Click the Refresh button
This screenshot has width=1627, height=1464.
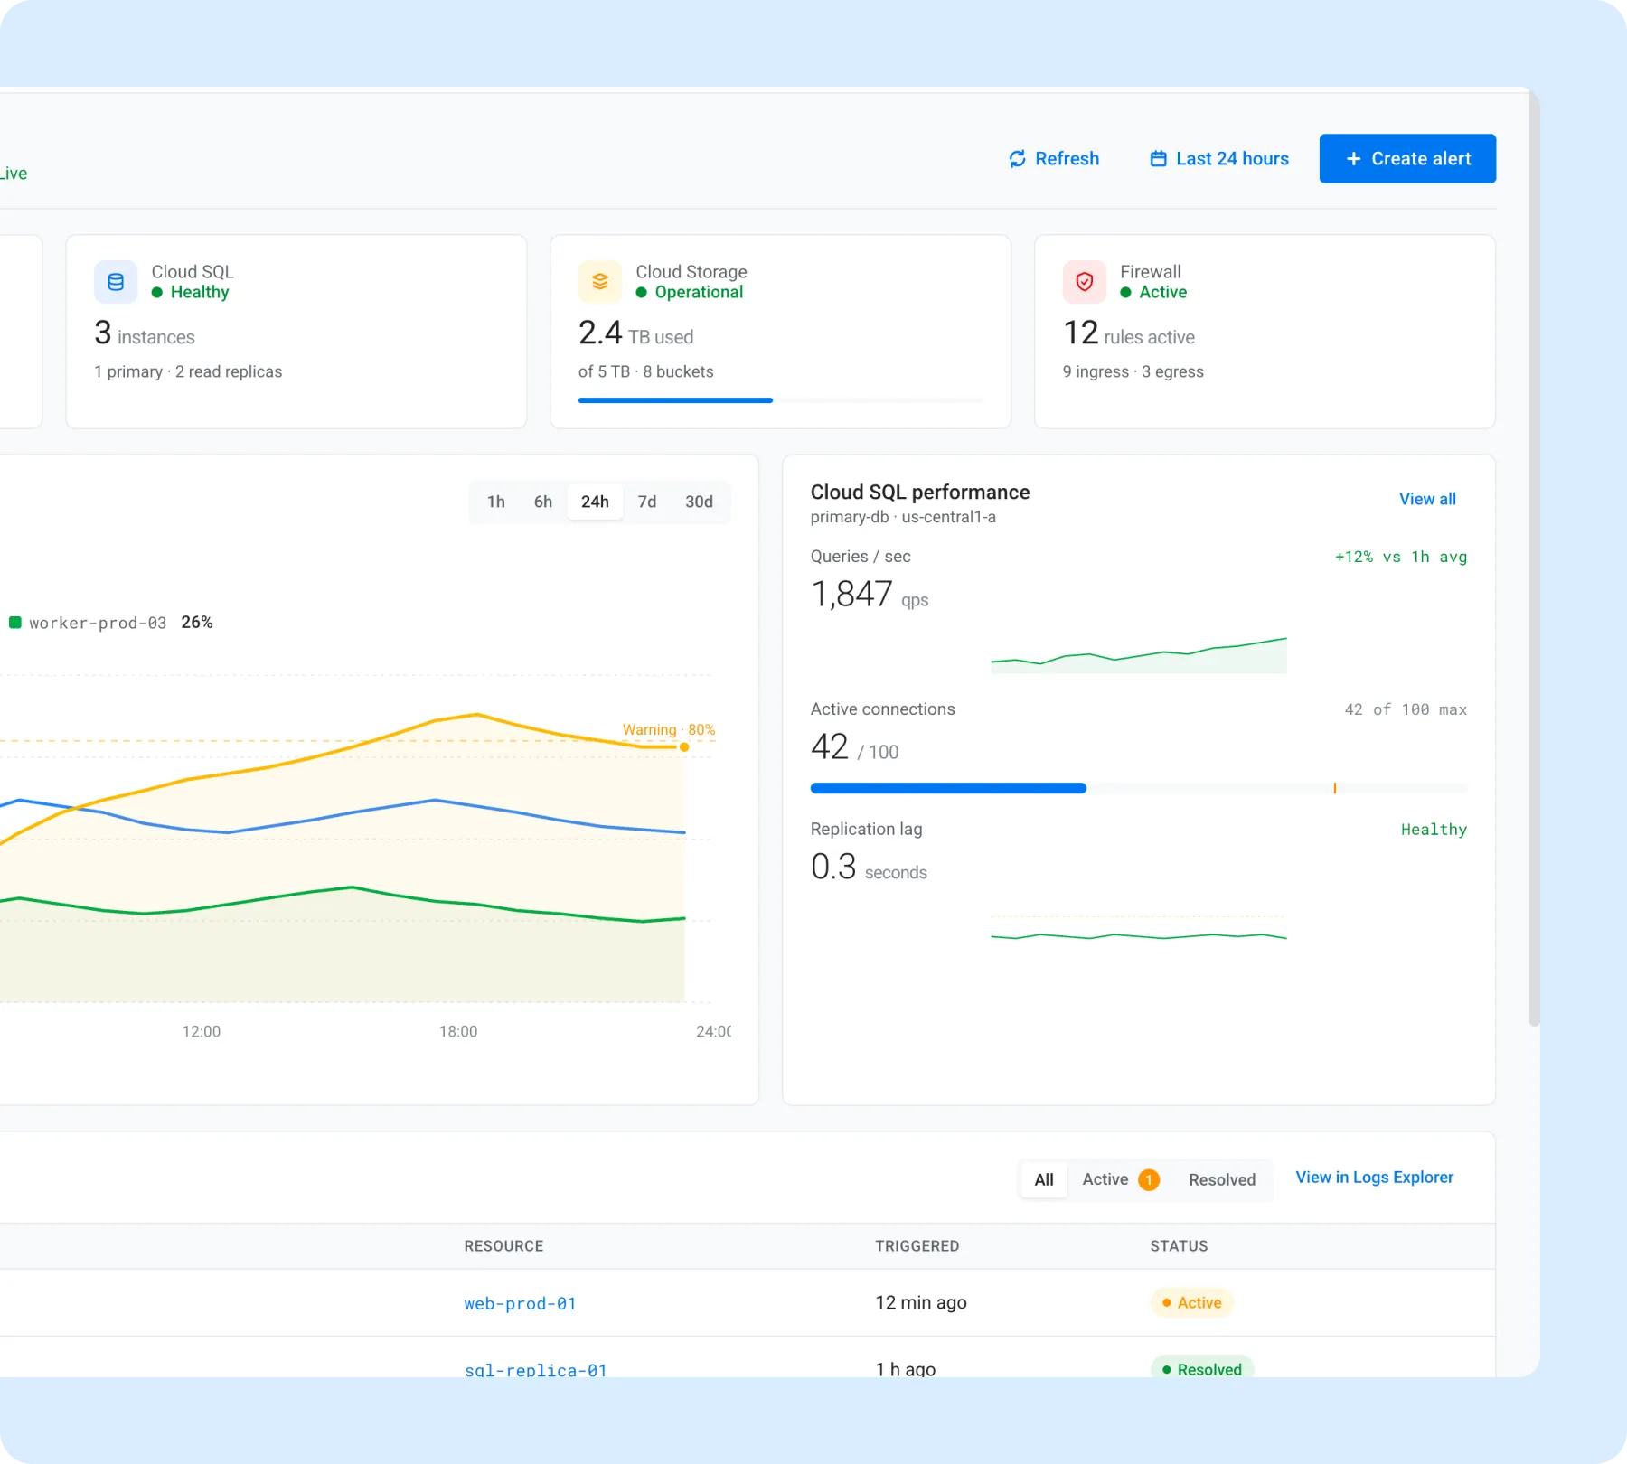pyautogui.click(x=1054, y=159)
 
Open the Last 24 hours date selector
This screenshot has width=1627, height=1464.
pyautogui.click(x=1219, y=159)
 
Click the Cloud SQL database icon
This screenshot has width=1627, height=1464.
pyautogui.click(x=116, y=282)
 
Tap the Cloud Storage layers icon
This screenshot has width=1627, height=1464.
pyautogui.click(x=600, y=282)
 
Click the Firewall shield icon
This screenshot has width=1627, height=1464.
pyautogui.click(x=1085, y=282)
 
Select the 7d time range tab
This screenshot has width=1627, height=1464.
pyautogui.click(x=647, y=502)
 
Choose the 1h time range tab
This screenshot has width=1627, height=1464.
pyautogui.click(x=496, y=502)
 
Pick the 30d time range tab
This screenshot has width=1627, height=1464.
pyautogui.click(x=699, y=502)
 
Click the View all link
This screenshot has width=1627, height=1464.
pyautogui.click(x=1427, y=499)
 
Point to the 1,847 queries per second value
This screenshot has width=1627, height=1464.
pyautogui.click(x=851, y=595)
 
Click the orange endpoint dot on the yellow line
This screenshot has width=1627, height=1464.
pyautogui.click(x=684, y=747)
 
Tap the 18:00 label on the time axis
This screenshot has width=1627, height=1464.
pyautogui.click(x=458, y=1031)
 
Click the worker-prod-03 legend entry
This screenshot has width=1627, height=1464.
pyautogui.click(x=110, y=623)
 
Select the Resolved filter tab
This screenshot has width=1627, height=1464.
pyautogui.click(x=1222, y=1179)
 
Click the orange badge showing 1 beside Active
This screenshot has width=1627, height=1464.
pyautogui.click(x=1149, y=1179)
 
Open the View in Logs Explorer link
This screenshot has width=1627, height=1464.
pyautogui.click(x=1375, y=1178)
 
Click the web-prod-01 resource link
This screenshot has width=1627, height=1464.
pyautogui.click(x=520, y=1303)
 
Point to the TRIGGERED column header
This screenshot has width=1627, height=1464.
pyautogui.click(x=917, y=1246)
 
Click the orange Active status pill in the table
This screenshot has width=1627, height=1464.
pyautogui.click(x=1191, y=1302)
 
